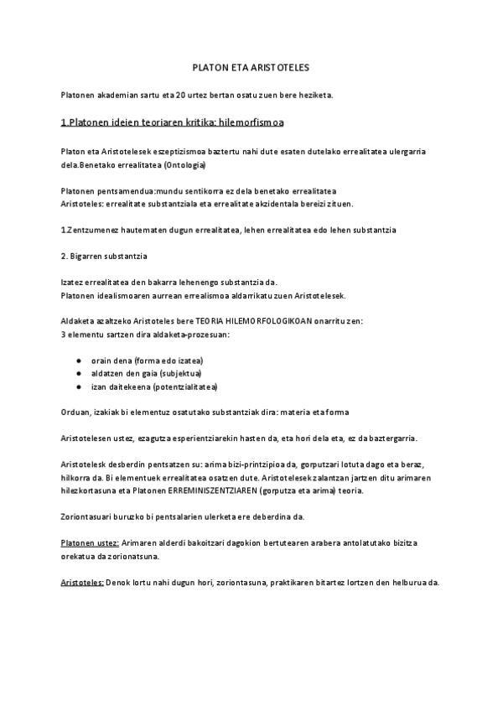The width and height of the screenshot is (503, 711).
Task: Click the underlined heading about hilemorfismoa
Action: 173,123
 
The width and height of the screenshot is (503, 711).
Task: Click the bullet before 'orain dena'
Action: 78,360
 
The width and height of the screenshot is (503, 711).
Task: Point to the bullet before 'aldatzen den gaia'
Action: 78,373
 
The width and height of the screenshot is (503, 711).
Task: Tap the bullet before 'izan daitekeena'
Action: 78,387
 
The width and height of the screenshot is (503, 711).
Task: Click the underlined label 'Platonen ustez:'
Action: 90,543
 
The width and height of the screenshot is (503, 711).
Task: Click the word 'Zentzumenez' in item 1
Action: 94,230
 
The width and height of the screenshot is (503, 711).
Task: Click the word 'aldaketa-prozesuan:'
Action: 190,335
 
